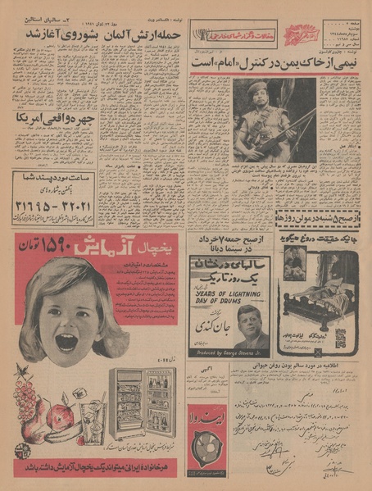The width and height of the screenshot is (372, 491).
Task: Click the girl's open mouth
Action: (65, 340)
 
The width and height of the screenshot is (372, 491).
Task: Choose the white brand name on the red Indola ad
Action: (203, 417)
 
